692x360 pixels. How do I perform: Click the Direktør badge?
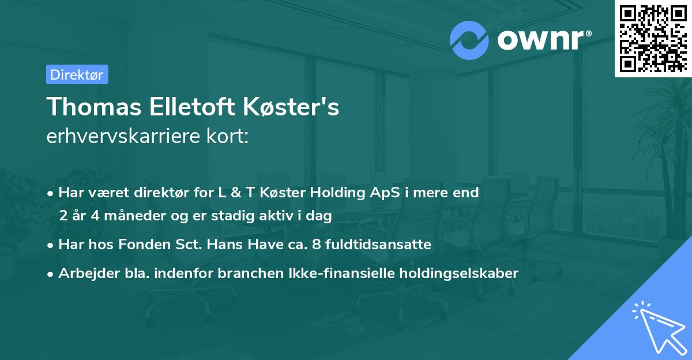[x=77, y=74]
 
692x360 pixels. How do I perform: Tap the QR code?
[x=653, y=39]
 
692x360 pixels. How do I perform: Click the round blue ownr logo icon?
[x=469, y=40]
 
